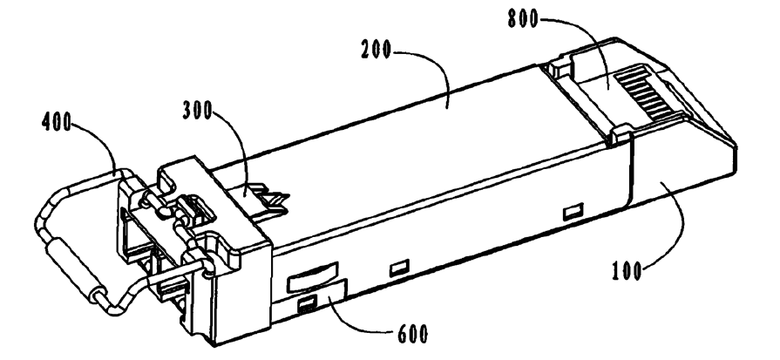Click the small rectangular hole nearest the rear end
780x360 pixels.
573,212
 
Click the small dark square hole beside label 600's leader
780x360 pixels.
306,303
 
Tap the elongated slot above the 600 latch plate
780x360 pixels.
309,281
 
